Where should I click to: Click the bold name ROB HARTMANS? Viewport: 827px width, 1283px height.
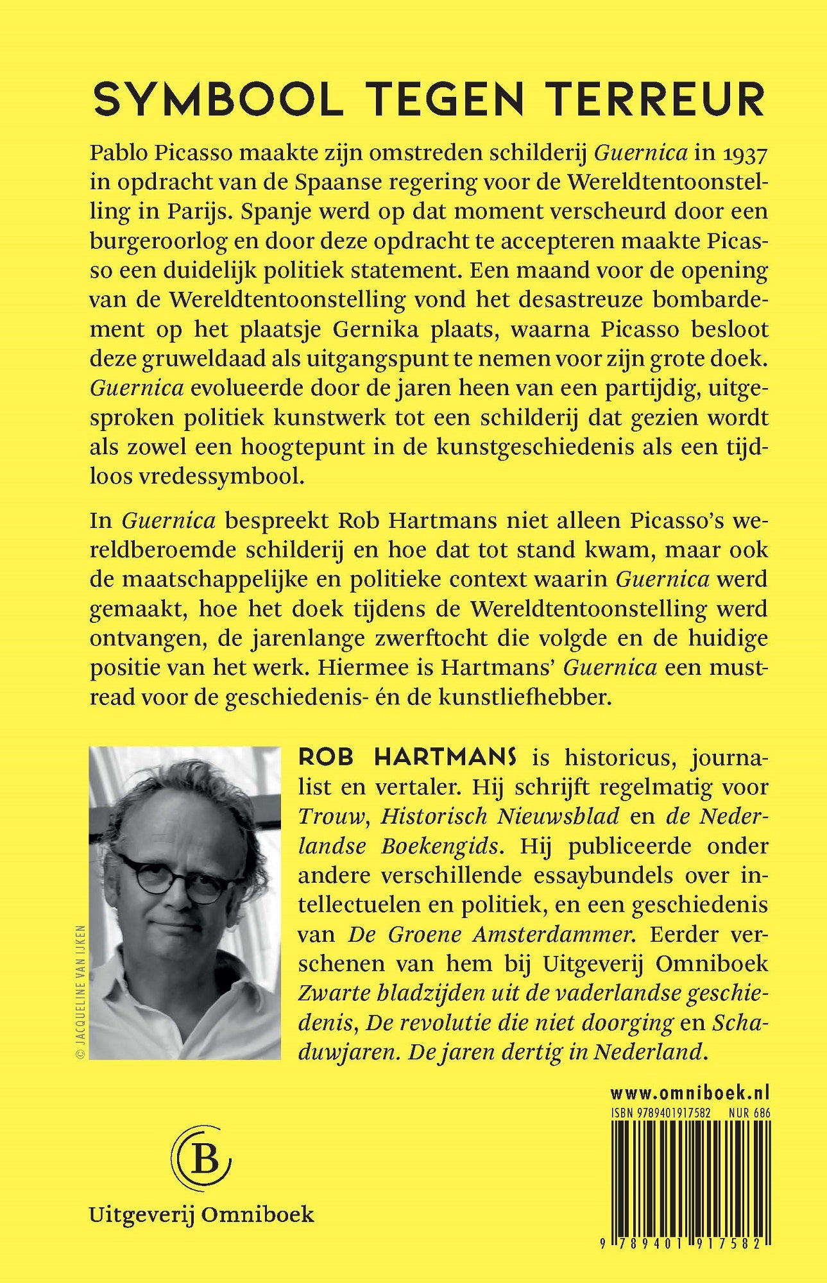click(407, 758)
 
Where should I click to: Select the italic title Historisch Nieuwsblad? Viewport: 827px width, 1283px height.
click(500, 817)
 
